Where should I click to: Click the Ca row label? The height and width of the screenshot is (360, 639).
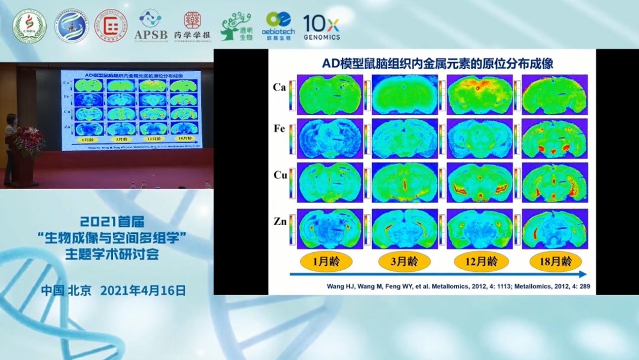(280, 87)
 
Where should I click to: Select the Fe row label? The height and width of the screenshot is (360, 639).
(280, 129)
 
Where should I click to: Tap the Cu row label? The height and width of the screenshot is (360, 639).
(280, 175)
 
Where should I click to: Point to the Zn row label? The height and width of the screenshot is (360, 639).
(280, 221)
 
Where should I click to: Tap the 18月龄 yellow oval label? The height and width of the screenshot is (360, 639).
(556, 261)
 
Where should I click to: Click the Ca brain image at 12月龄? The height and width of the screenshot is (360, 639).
(479, 94)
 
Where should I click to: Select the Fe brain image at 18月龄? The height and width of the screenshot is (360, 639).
(554, 139)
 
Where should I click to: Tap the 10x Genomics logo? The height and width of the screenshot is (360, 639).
(321, 27)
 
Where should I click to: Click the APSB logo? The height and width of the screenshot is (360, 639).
(150, 27)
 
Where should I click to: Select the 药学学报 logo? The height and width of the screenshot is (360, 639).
(192, 27)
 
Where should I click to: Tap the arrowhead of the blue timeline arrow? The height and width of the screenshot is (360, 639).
(583, 274)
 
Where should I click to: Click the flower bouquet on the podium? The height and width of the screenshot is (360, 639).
(28, 141)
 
